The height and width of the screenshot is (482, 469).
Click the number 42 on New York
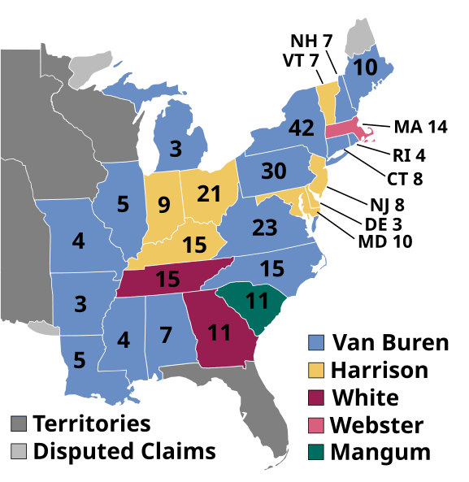pyautogui.click(x=300, y=129)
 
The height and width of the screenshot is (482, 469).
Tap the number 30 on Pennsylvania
pyautogui.click(x=273, y=172)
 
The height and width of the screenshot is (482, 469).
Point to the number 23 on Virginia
pyautogui.click(x=264, y=228)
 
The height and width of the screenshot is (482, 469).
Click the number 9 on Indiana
pyautogui.click(x=163, y=205)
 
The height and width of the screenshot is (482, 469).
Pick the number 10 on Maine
pyautogui.click(x=366, y=67)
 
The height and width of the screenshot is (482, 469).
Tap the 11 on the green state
pyautogui.click(x=257, y=301)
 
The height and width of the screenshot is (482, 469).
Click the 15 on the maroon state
pyautogui.click(x=167, y=280)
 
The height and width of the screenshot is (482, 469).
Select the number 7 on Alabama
pyautogui.click(x=165, y=334)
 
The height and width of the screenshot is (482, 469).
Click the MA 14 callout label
pyautogui.click(x=420, y=127)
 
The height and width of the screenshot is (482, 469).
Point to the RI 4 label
pyautogui.click(x=410, y=154)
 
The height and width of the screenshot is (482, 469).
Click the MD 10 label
pyautogui.click(x=384, y=241)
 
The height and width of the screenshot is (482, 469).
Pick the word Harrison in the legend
pyautogui.click(x=379, y=370)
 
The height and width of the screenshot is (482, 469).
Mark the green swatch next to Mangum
pyautogui.click(x=317, y=452)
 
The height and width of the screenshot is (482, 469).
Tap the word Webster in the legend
pyautogui.click(x=377, y=425)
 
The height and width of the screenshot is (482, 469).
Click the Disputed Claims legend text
pyautogui.click(x=124, y=451)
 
